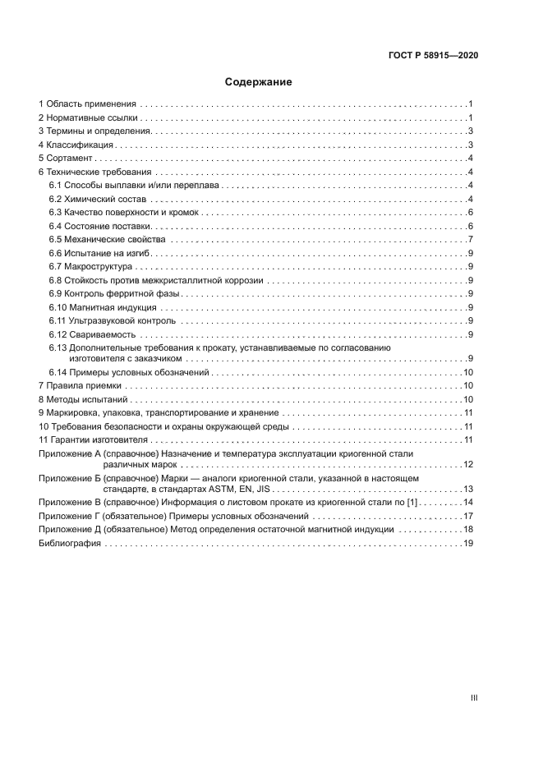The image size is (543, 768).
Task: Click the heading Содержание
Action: pyautogui.click(x=258, y=82)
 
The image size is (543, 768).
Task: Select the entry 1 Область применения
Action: pyautogui.click(x=88, y=104)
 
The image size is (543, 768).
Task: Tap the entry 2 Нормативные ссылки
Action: pyautogui.click(x=88, y=117)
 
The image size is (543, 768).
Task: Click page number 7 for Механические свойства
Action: pyautogui.click(x=469, y=239)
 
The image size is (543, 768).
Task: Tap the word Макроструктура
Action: pyautogui.click(x=104, y=266)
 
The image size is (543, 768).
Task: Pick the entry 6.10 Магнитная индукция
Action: pyautogui.click(x=104, y=306)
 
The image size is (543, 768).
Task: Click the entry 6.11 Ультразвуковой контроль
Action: pyautogui.click(x=112, y=320)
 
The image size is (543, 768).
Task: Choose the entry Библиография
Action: pyautogui.click(x=69, y=543)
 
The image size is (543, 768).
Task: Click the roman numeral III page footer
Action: pyautogui.click(x=473, y=698)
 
